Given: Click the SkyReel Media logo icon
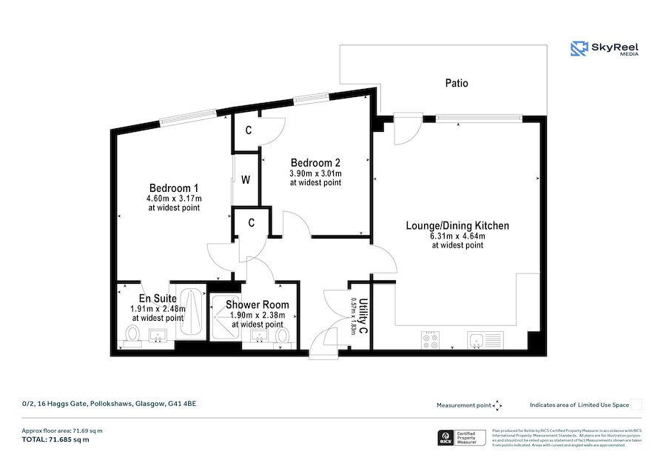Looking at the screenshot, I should tap(579, 49).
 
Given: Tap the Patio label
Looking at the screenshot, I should tap(456, 84).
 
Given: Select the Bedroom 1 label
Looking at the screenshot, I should tap(173, 188).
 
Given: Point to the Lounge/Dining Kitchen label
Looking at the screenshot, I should tap(457, 225).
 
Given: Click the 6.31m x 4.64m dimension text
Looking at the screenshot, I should tap(457, 236).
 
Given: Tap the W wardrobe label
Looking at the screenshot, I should tap(246, 179).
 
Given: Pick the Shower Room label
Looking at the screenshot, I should tap(257, 305).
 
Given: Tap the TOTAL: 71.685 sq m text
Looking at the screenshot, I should tap(55, 439).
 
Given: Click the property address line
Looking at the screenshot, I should tap(109, 404).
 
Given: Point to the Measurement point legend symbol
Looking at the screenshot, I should tap(497, 405).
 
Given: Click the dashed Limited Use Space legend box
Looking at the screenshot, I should tap(636, 405).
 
